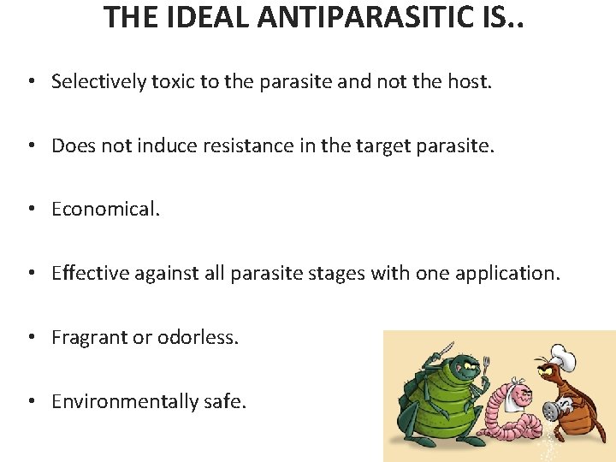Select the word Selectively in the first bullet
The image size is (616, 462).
click(98, 81)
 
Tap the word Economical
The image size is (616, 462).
click(105, 210)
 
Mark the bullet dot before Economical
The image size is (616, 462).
click(30, 210)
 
